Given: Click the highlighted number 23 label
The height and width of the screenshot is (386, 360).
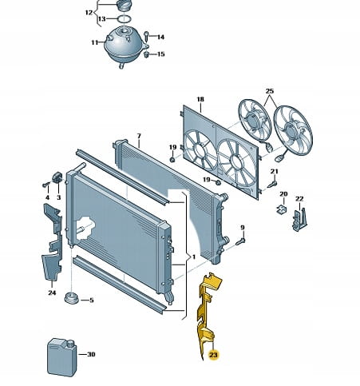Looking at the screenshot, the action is pyautogui.click(x=213, y=355).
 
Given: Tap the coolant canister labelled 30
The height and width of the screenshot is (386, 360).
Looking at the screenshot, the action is pyautogui.click(x=62, y=357).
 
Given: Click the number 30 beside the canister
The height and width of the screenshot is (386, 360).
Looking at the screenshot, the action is pyautogui.click(x=91, y=354).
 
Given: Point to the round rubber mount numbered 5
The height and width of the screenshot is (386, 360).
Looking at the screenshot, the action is pyautogui.click(x=72, y=298).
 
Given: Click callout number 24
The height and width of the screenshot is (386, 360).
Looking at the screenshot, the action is pyautogui.click(x=52, y=292).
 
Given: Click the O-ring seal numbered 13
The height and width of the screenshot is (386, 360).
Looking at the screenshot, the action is pyautogui.click(x=124, y=19).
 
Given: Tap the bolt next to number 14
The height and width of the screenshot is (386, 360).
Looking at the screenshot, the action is pyautogui.click(x=146, y=37).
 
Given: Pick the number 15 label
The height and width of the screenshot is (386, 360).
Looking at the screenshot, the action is pyautogui.click(x=161, y=54).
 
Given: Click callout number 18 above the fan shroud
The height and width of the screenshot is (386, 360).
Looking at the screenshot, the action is pyautogui.click(x=200, y=99).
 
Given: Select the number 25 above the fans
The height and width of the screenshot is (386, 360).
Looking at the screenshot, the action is pyautogui.click(x=270, y=91).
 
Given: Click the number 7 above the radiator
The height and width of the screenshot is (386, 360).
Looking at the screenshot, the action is pyautogui.click(x=139, y=136).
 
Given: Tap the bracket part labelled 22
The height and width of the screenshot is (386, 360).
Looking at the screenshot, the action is pyautogui.click(x=300, y=220).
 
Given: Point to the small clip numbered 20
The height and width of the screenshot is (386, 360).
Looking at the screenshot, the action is pyautogui.click(x=282, y=209).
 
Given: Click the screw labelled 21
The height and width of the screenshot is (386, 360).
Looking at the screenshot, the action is pyautogui.click(x=272, y=185).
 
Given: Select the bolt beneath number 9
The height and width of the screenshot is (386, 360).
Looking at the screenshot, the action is pyautogui.click(x=240, y=241).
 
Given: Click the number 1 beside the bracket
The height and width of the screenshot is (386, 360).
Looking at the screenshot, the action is pyautogui.click(x=194, y=257).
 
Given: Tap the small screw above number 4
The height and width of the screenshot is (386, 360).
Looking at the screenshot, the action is pyautogui.click(x=46, y=185).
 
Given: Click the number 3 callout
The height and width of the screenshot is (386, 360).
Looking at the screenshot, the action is pyautogui.click(x=58, y=197).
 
